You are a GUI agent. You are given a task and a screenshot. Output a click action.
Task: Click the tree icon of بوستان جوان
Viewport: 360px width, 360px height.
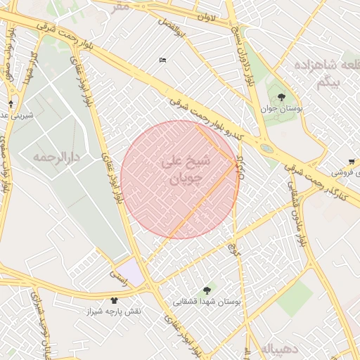[282, 97]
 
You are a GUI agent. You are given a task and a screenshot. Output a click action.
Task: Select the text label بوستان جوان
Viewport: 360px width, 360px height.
[282, 110]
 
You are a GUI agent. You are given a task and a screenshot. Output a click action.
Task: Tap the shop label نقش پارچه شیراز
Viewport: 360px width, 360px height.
[114, 311]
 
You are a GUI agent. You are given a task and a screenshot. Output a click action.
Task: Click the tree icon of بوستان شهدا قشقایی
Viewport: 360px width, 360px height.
[207, 290]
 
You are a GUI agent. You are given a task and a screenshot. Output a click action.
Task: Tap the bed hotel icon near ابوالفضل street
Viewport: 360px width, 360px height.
[163, 60]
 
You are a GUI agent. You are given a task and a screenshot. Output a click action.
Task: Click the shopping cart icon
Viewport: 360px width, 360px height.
[351, 161]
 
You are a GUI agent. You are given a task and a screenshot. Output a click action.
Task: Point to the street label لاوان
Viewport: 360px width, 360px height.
[205, 16]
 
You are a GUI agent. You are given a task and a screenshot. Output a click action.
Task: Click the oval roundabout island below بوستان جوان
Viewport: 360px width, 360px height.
[266, 148]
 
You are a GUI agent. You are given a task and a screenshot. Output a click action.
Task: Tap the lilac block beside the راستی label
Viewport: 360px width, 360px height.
[129, 272]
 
